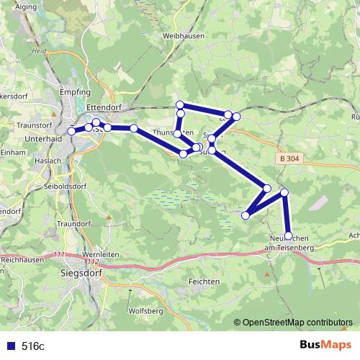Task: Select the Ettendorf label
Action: (105, 107)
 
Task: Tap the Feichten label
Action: (204, 280)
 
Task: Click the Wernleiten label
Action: (101, 254)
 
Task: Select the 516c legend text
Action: (33, 346)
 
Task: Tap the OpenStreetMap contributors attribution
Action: (297, 323)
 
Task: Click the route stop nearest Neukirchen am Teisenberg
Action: (289, 235)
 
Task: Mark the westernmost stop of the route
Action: (71, 131)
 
